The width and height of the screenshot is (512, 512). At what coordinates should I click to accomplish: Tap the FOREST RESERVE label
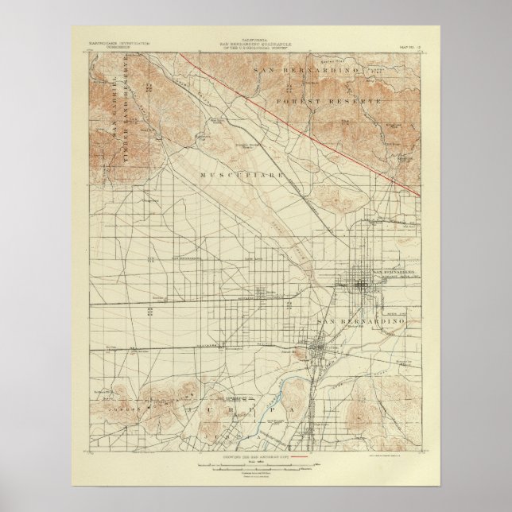click(328, 103)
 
